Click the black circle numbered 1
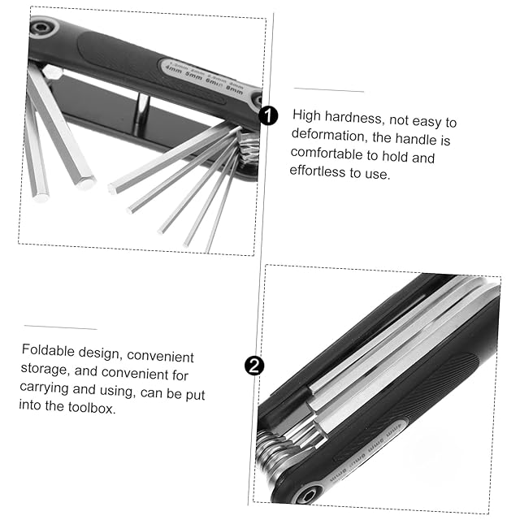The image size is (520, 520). (x=268, y=115)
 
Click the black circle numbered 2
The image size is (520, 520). (x=254, y=366)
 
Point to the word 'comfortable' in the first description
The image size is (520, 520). (x=327, y=154)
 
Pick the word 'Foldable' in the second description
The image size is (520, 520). (x=46, y=350)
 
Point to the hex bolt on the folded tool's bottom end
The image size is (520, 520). (x=310, y=495)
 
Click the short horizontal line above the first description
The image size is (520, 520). (x=328, y=89)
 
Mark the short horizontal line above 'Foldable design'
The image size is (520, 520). (x=60, y=328)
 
